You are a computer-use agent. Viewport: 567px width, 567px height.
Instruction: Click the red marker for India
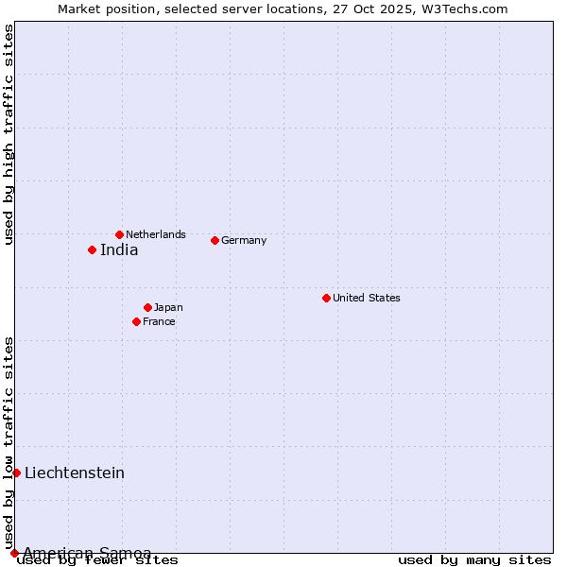(x=92, y=249)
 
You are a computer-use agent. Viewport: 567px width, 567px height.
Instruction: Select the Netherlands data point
(x=119, y=234)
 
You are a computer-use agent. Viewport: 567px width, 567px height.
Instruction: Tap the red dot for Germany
(x=215, y=240)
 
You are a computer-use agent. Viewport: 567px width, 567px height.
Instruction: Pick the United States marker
(x=326, y=298)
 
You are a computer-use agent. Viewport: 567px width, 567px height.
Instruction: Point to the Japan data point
(x=147, y=307)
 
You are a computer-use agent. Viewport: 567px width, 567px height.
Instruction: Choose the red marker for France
(x=136, y=321)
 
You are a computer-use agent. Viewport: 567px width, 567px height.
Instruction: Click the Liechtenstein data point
(x=16, y=472)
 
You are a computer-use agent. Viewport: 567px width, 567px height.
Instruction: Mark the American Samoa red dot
(x=14, y=553)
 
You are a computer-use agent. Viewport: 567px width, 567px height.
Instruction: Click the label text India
(x=119, y=250)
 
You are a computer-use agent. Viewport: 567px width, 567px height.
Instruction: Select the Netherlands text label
(x=156, y=234)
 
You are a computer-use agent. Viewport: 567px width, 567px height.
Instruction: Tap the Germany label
(x=244, y=240)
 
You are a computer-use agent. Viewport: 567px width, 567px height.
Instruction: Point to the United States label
(x=367, y=298)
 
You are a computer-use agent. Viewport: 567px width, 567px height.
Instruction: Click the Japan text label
(x=168, y=307)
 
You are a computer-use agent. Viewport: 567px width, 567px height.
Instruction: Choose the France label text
(x=159, y=321)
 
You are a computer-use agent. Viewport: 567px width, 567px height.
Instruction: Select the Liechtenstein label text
(x=75, y=473)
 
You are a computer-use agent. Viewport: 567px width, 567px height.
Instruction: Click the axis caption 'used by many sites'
(x=474, y=560)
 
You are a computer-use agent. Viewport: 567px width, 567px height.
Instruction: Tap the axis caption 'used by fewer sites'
(x=97, y=560)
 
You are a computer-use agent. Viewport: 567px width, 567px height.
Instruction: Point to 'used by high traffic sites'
(x=9, y=134)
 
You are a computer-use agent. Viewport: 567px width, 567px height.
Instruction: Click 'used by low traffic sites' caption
(x=9, y=442)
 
